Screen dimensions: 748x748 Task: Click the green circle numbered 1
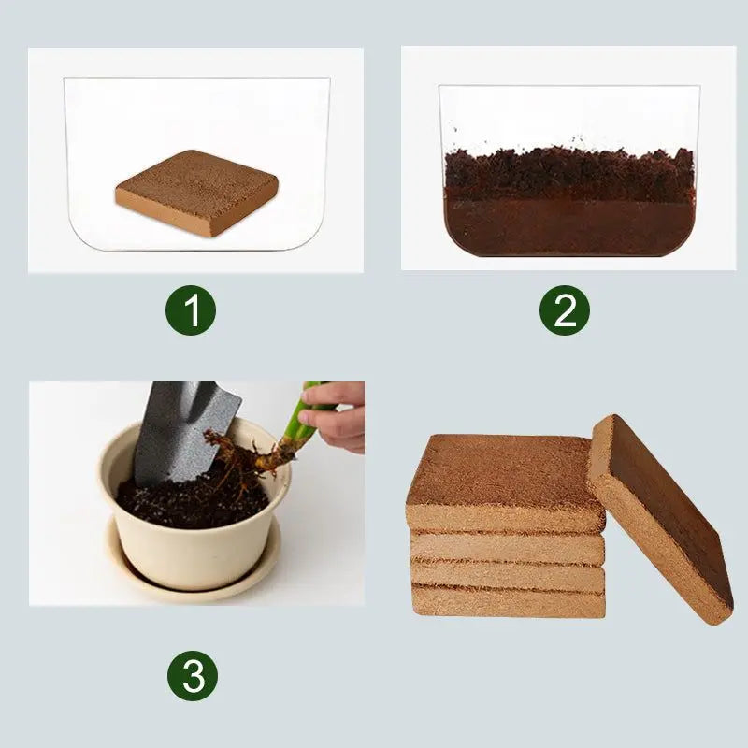tap(192, 311)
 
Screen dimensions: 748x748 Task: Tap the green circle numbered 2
tap(565, 311)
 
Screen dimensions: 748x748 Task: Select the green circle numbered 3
tap(193, 675)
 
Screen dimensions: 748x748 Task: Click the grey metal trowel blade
tap(182, 430)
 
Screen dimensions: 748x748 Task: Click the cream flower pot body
tap(187, 542)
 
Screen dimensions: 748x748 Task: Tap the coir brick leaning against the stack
tap(659, 519)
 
